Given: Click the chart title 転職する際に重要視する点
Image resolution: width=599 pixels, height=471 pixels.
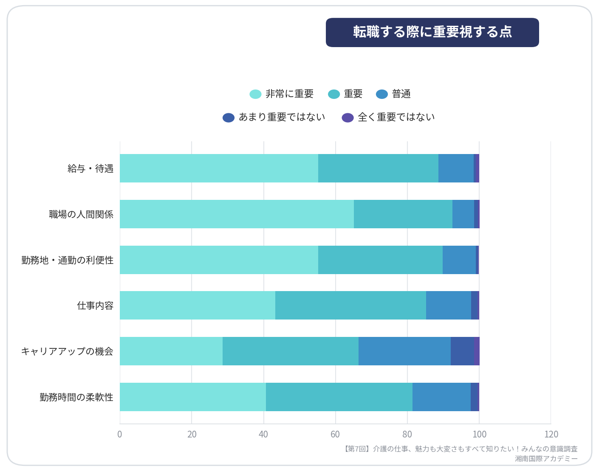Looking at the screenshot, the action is coord(432,32).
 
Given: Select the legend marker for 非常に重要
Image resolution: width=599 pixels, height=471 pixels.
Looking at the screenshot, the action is coord(255,94).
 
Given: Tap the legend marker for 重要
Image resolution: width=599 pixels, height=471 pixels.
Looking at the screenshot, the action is coord(334,94).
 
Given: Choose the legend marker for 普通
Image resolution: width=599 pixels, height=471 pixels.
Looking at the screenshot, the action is coord(381,94).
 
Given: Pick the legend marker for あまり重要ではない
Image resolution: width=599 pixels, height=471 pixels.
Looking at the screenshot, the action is coord(229,118).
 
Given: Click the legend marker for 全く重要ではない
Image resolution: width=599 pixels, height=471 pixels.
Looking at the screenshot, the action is coord(348,118).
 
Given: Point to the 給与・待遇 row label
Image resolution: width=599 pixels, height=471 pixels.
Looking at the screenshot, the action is coord(90,168).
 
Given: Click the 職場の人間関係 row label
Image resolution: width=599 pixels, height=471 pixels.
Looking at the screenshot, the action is coord(81,214).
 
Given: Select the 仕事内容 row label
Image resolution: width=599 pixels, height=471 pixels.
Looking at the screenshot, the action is coord(95,306).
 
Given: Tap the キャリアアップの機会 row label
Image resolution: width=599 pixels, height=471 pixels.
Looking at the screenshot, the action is coord(68,351).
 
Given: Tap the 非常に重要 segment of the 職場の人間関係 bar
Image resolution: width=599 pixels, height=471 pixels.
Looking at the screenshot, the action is coord(237,214).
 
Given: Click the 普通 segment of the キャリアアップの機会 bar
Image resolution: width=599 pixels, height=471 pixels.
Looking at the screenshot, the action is coord(404,351).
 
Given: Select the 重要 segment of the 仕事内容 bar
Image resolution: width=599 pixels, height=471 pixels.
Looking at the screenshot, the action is coord(350,305).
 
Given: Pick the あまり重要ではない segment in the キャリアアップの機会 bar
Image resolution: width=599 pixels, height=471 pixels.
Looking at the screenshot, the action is coord(462,351).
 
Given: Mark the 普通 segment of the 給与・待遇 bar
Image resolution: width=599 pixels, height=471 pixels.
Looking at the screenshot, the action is coord(456,168).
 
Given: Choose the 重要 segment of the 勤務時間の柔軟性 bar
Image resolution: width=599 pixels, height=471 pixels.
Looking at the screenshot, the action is coord(339,397).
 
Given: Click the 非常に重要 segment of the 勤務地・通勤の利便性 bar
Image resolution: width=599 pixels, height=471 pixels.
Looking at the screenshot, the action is coord(219,260).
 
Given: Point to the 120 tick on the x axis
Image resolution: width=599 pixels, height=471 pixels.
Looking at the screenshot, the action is coord(551,434).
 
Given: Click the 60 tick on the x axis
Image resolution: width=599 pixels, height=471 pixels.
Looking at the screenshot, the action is coord(335,434).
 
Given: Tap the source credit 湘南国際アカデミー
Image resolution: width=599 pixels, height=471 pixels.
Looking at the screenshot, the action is coord(546,459).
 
